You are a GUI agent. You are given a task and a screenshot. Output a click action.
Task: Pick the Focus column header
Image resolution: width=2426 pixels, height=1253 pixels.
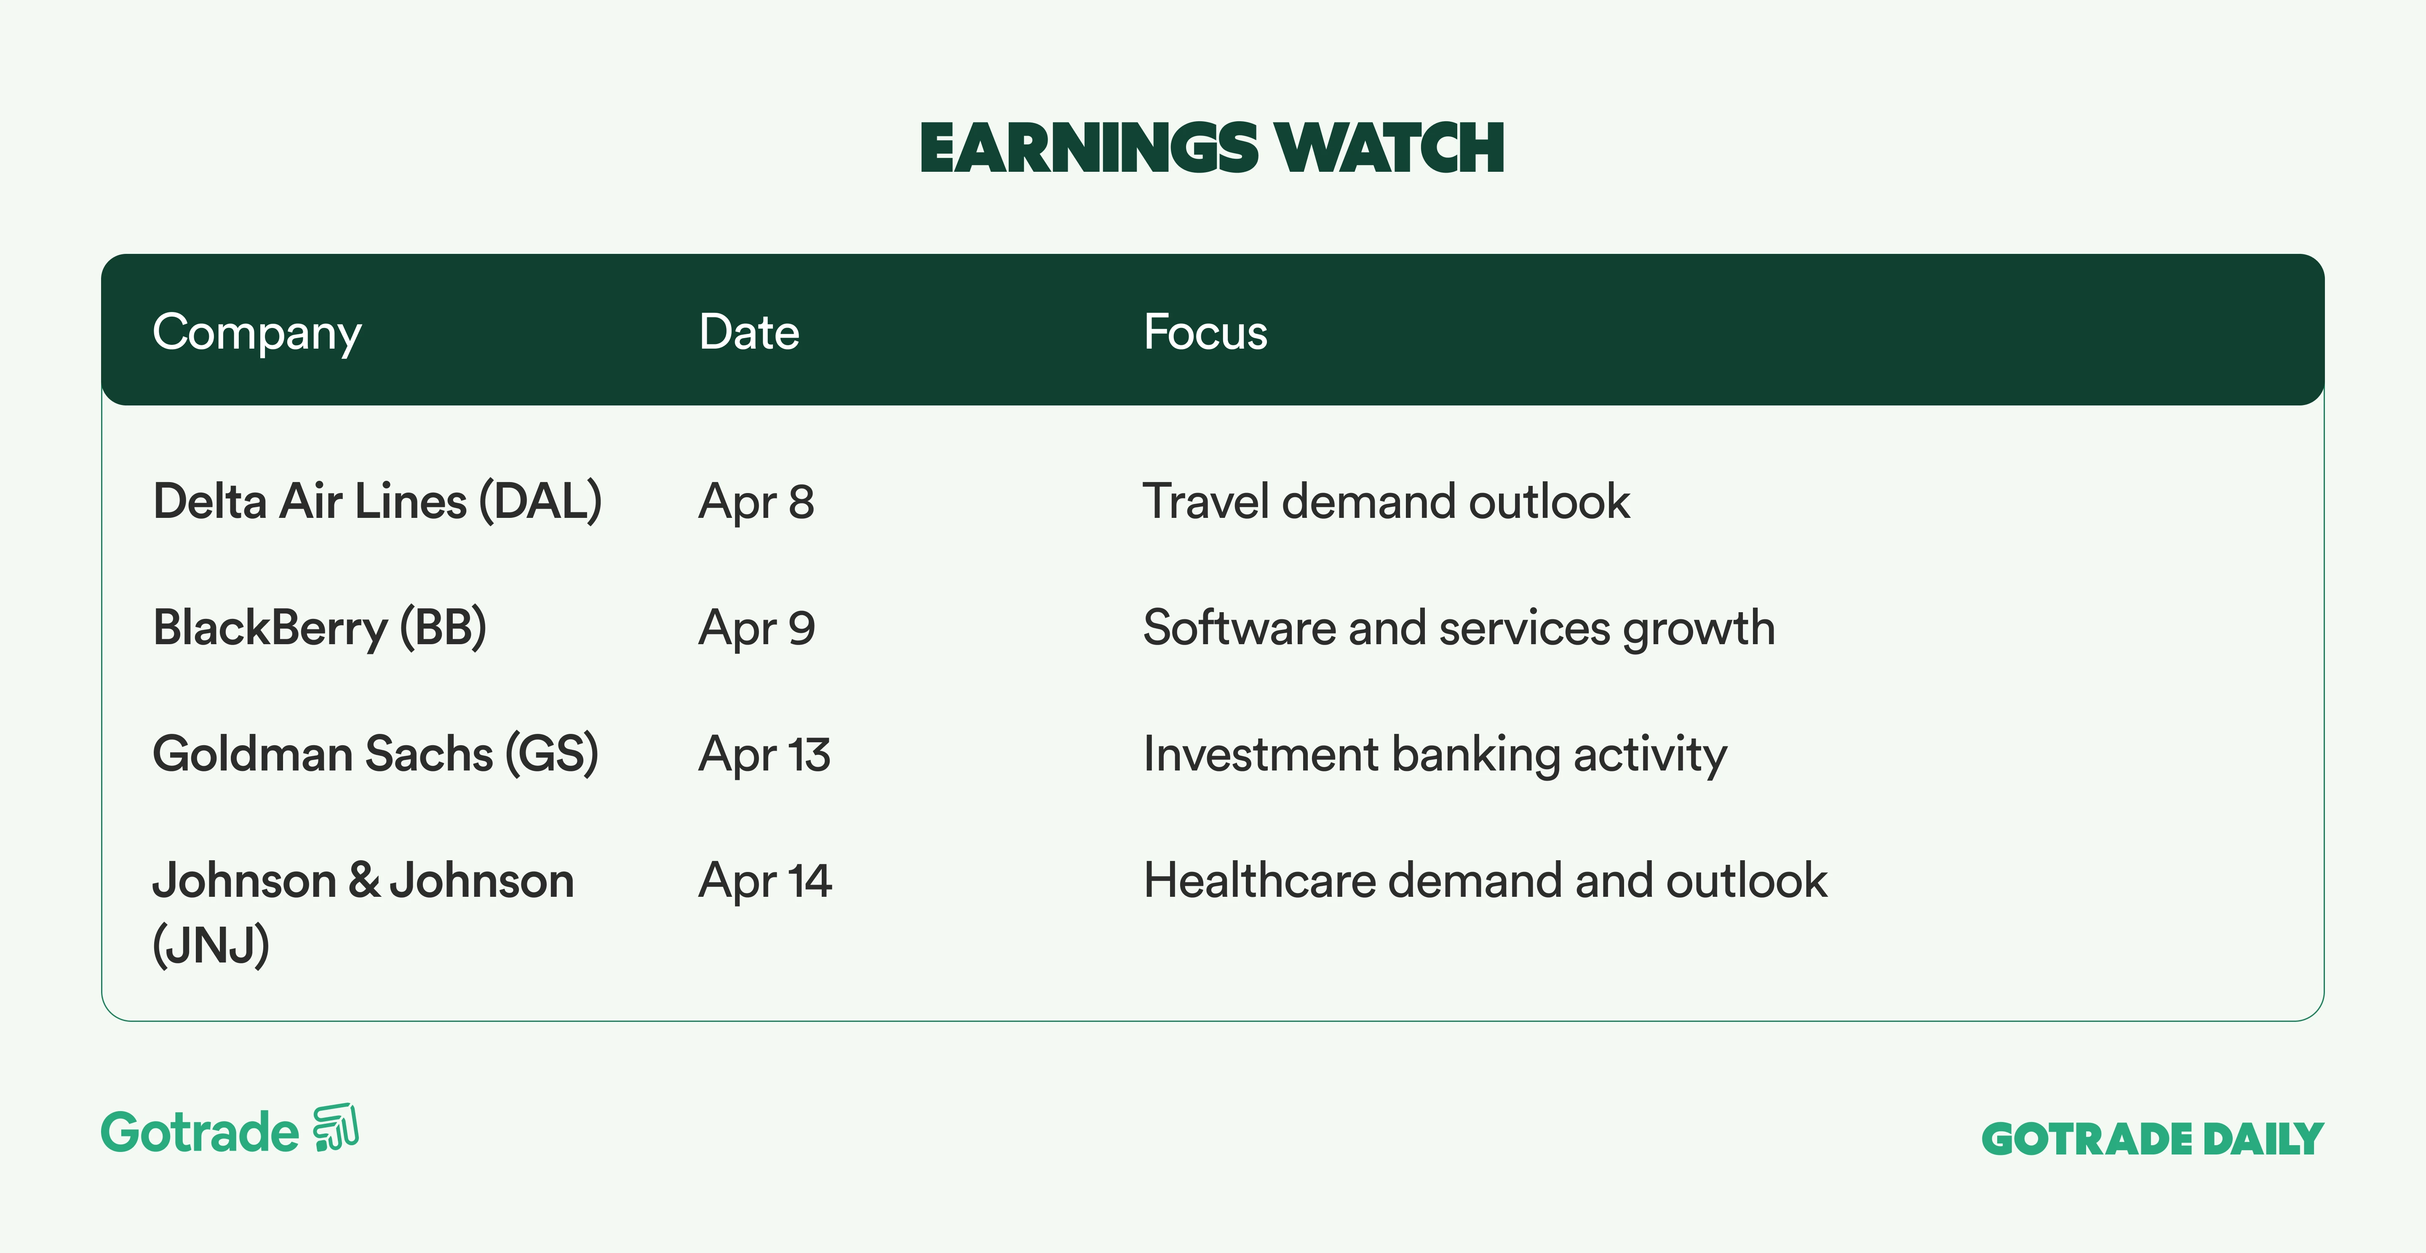click(1205, 332)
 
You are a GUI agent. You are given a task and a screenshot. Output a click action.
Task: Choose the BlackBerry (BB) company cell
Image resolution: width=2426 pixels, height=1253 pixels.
click(319, 628)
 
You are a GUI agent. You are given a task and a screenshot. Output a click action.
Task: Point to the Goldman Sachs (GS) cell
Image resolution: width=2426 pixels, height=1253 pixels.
click(375, 754)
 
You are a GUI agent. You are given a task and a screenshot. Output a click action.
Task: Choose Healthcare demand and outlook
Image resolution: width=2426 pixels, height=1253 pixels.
click(1485, 880)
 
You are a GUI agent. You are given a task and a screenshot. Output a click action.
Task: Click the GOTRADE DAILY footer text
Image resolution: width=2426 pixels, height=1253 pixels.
click(2153, 1139)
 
